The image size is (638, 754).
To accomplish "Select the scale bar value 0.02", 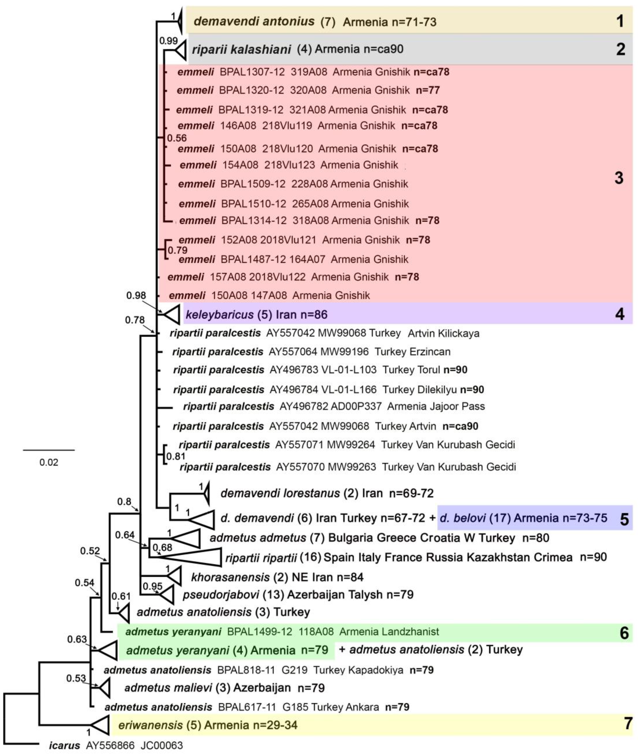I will coord(49,462).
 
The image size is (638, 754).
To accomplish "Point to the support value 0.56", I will coord(177,138).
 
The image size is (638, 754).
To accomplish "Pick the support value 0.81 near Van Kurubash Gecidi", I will coord(176,456).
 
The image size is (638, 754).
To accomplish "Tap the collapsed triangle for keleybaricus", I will coord(173,314).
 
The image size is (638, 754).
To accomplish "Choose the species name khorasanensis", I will coord(230,577).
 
